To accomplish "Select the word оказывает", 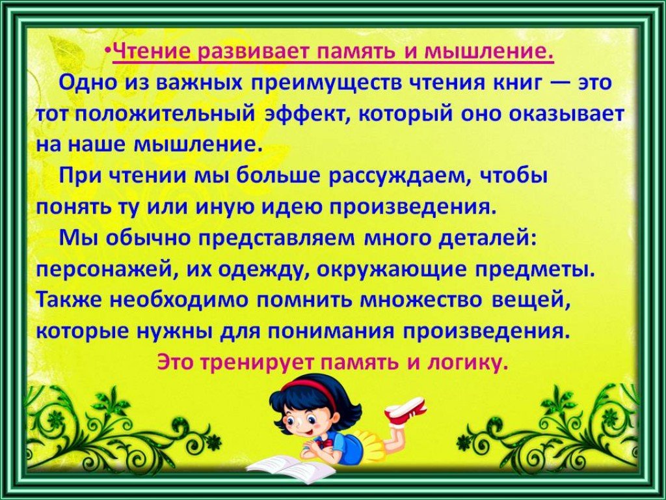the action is [x=566, y=115].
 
